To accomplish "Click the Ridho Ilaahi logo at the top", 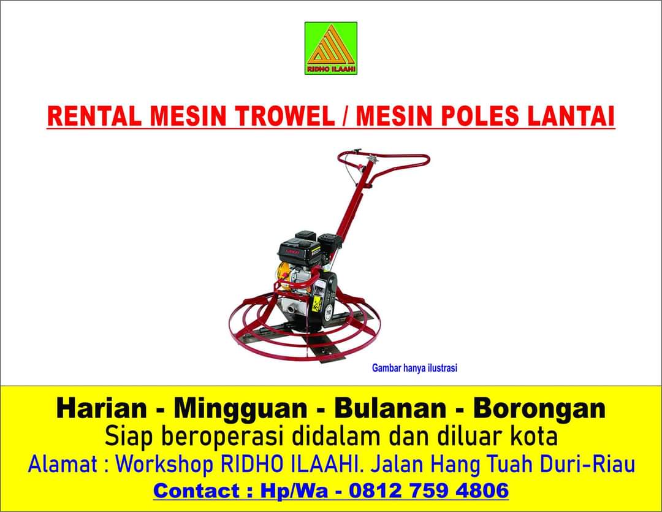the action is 331,48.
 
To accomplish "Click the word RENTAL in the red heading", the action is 94,116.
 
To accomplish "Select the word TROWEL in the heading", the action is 285,116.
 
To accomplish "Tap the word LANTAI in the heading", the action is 571,116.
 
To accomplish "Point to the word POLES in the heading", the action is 479,116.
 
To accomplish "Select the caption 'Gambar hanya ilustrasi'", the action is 414,368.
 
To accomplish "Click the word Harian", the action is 102,408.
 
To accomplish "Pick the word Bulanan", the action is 390,408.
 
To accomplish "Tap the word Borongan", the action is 539,410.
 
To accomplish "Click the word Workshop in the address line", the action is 165,465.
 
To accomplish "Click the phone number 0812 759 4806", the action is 429,491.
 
